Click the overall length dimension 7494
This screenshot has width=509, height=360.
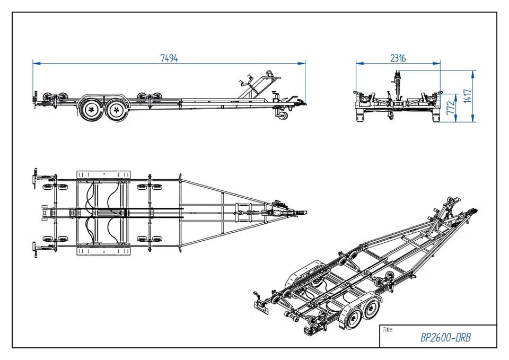(x=169, y=58)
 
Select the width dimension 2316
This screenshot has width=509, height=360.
(x=398, y=58)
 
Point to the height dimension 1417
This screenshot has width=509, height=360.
(x=467, y=96)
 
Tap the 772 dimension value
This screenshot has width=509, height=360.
(x=450, y=108)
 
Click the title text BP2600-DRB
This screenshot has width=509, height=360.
(x=445, y=338)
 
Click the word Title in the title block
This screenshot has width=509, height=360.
(x=388, y=330)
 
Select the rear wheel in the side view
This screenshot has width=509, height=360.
(x=92, y=110)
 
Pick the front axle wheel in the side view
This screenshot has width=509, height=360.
(x=117, y=110)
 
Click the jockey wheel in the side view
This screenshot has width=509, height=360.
(x=283, y=116)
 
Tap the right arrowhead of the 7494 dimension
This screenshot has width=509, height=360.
(x=303, y=63)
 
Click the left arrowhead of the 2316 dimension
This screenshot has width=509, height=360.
(x=359, y=63)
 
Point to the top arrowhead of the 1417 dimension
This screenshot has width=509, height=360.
(x=472, y=74)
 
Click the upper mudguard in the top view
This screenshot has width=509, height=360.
(x=103, y=174)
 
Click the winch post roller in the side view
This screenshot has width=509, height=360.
(x=269, y=73)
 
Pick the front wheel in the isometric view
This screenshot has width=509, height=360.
(x=372, y=309)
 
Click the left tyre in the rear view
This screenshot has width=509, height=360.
(x=361, y=117)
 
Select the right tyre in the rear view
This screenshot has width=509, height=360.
(x=436, y=117)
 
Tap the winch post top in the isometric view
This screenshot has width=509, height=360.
(x=452, y=200)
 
